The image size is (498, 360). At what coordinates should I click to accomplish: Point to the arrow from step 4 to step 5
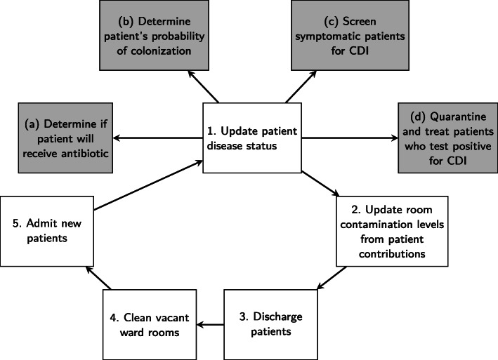pos(98,279)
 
